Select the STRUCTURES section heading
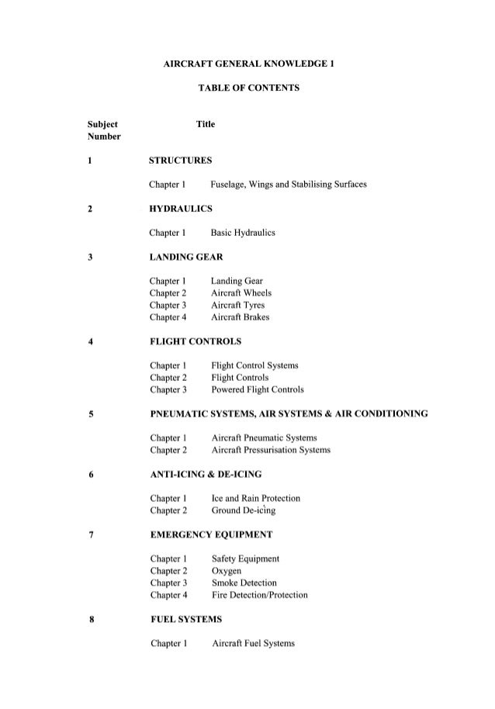pyautogui.click(x=181, y=161)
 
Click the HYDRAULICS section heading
pyautogui.click(x=182, y=209)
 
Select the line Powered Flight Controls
pyautogui.click(x=257, y=389)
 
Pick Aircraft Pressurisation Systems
pyautogui.click(x=271, y=450)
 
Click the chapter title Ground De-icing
pyautogui.click(x=243, y=510)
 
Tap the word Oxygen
pyautogui.click(x=227, y=571)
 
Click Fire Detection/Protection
pyautogui.click(x=259, y=595)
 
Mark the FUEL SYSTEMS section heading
pyautogui.click(x=185, y=619)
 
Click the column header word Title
pyautogui.click(x=206, y=124)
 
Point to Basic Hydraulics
pyautogui.click(x=244, y=233)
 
